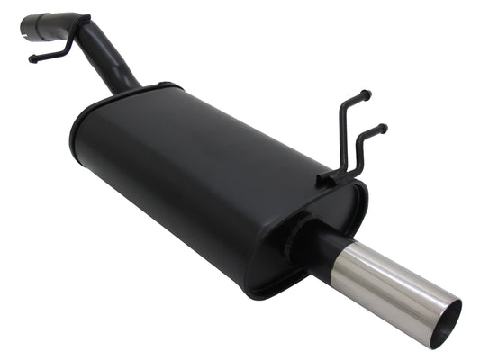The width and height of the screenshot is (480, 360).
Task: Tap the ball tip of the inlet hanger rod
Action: click(32, 60)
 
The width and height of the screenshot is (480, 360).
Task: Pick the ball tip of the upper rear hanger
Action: click(367, 93)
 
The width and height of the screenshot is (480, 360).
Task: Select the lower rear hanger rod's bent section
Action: click(363, 148)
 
